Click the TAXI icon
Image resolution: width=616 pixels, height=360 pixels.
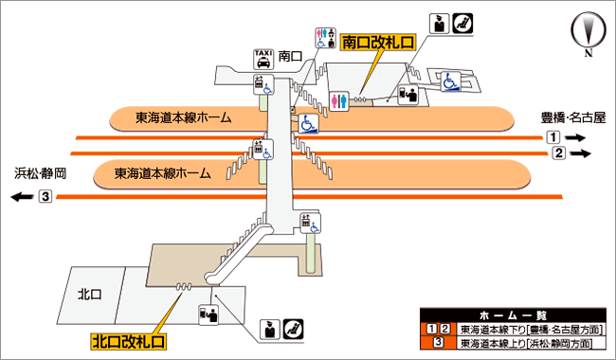[x=263, y=60]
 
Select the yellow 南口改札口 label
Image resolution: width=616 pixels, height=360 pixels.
[x=378, y=43]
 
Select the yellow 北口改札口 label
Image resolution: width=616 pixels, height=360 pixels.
[x=129, y=341]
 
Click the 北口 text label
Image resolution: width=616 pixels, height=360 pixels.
[x=90, y=294]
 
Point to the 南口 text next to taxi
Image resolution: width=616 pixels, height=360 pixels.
[x=290, y=56]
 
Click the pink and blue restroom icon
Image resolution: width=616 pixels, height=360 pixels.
[x=339, y=101]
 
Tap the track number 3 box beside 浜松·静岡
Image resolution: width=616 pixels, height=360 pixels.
[x=45, y=196]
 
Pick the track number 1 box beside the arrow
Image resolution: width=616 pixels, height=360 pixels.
[x=553, y=137]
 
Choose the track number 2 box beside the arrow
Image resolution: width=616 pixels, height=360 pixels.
[x=558, y=153]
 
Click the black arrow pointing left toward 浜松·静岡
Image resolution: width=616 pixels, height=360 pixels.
[x=22, y=196]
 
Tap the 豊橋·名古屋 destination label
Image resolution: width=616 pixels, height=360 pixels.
[x=573, y=117]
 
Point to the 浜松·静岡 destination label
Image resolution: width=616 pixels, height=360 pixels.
[x=41, y=173]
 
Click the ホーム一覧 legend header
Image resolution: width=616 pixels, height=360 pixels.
[x=513, y=315]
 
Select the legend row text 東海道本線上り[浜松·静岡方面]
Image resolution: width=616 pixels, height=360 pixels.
[x=526, y=343]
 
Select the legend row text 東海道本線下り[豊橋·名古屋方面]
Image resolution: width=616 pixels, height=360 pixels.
[x=531, y=330]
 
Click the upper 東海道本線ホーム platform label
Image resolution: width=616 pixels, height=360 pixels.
[x=184, y=117]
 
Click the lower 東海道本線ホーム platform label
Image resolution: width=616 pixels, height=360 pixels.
[x=163, y=173]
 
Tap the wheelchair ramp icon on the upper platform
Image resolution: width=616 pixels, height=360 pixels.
[x=308, y=124]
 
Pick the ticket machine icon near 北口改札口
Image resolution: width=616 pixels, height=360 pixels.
[x=208, y=315]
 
